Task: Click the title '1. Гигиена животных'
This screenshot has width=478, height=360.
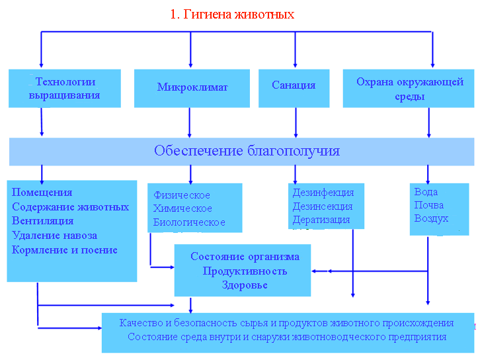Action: [x=232, y=14]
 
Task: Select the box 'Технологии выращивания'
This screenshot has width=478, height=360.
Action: [x=65, y=89]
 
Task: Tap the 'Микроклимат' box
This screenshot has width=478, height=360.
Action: [x=192, y=87]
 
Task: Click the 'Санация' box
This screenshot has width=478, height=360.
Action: [x=294, y=85]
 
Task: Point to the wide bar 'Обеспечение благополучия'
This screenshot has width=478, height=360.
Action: [x=247, y=151]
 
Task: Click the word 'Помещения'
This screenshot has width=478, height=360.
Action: [x=42, y=193]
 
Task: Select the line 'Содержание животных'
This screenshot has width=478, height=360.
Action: [x=70, y=207]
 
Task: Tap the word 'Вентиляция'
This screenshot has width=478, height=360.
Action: [x=43, y=221]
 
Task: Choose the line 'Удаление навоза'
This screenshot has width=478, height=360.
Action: [x=54, y=236]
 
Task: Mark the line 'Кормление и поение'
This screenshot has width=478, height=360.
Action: [x=65, y=250]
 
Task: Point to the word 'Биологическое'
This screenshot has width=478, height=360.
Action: [x=189, y=222]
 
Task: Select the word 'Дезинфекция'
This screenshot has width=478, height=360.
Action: [x=323, y=193]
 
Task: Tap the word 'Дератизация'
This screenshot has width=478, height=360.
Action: [x=321, y=220]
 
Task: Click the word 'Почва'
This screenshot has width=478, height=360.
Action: [x=428, y=205]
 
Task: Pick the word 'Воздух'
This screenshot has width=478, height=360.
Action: [x=431, y=218]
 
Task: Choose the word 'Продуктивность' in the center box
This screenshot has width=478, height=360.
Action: [x=245, y=271]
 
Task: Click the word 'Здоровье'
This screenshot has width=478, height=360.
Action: [x=245, y=285]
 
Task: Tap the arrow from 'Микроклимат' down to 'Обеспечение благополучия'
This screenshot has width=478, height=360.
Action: [x=190, y=122]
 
